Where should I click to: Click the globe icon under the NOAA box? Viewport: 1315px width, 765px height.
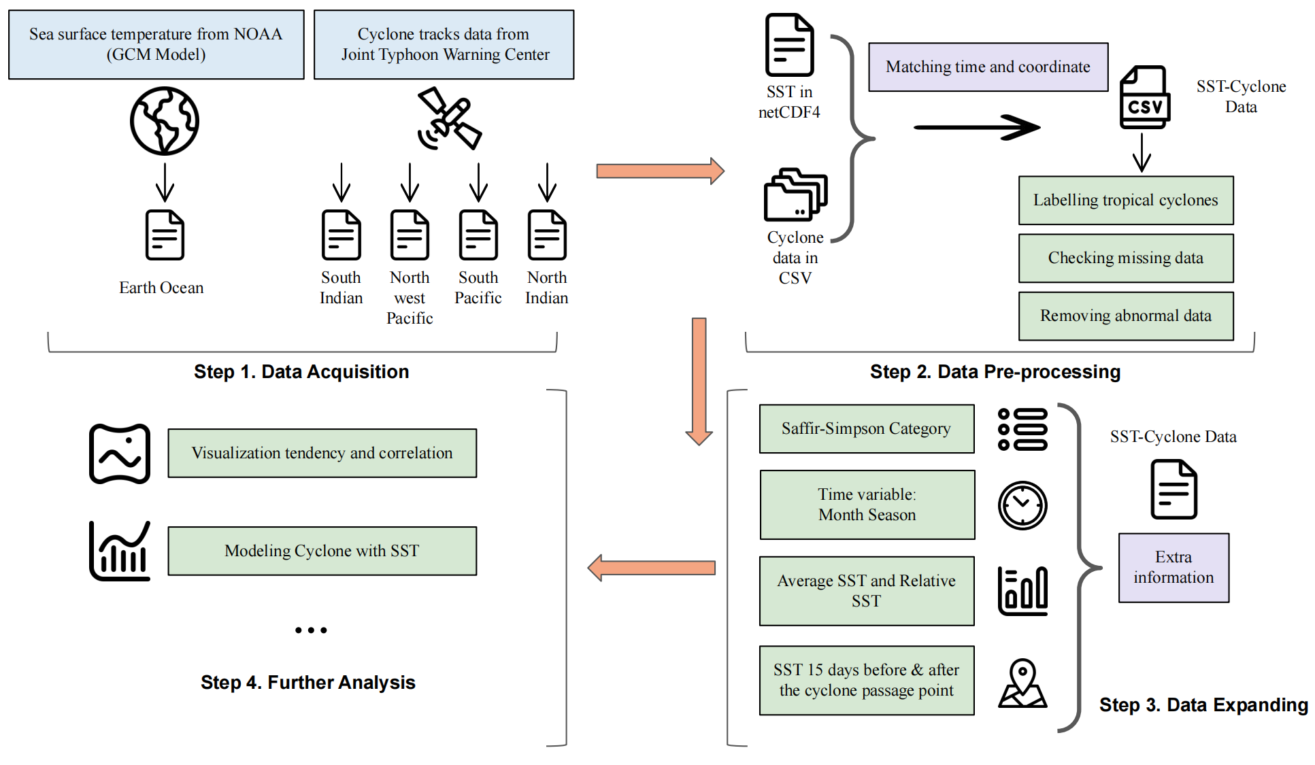[x=165, y=121]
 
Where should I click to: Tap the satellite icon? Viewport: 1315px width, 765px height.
[x=449, y=118]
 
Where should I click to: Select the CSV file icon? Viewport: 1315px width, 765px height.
[x=1145, y=98]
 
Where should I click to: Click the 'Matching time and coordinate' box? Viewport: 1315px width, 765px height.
[x=988, y=67]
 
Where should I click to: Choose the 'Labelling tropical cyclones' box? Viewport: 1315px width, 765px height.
[x=1125, y=200]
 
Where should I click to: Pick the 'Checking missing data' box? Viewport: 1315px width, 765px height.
[x=1125, y=258]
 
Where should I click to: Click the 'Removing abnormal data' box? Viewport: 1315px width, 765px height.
[x=1125, y=316]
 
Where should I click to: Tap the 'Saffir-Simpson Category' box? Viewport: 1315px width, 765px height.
[x=866, y=428]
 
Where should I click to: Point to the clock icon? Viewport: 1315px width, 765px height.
[x=1022, y=505]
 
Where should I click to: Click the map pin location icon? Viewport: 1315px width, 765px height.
[x=1022, y=683]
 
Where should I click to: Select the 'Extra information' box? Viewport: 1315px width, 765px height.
[x=1173, y=567]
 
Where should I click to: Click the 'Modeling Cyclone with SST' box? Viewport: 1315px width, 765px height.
[x=322, y=551]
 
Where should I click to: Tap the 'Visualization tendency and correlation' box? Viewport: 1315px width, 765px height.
[x=322, y=453]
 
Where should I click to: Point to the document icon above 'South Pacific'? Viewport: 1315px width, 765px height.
[x=478, y=235]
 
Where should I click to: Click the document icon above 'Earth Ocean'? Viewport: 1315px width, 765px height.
[x=165, y=235]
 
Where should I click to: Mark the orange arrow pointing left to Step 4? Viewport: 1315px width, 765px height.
[x=651, y=568]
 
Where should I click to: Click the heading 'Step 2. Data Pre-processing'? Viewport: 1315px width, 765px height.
[x=995, y=371]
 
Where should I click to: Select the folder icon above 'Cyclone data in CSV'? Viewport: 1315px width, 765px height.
[x=795, y=195]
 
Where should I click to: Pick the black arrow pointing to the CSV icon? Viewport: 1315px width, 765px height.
[x=977, y=127]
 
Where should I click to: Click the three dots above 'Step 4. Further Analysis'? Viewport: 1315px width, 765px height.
[x=311, y=630]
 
